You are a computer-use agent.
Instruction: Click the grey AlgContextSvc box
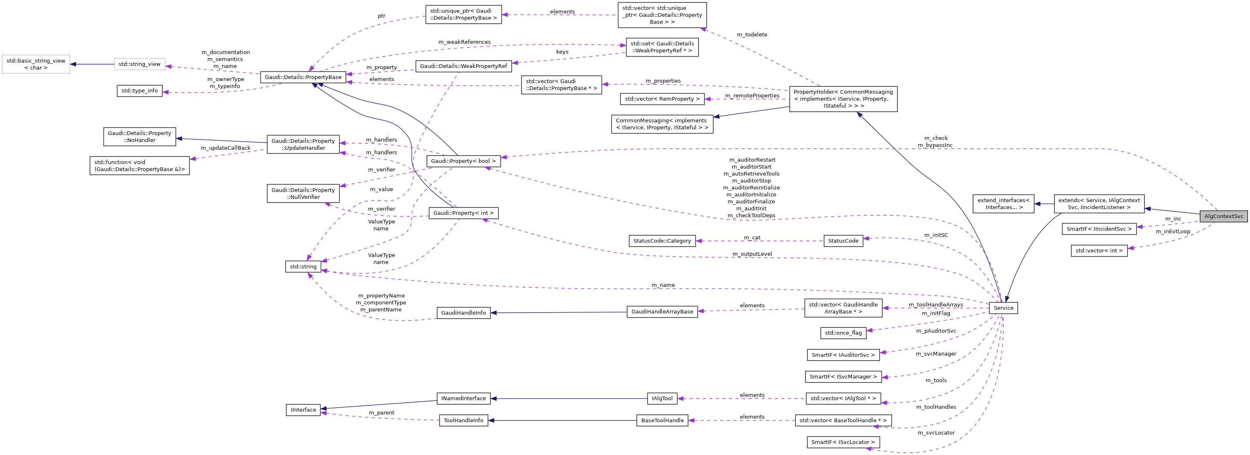[x=1223, y=216]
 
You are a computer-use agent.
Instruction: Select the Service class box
[x=1003, y=308]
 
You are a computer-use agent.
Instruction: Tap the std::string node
[x=303, y=267]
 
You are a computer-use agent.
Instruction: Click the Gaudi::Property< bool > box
[x=463, y=161]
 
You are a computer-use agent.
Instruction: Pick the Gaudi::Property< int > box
[x=463, y=213]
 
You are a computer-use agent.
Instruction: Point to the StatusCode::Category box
[x=662, y=241]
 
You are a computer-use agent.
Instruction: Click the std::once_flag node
[x=843, y=333]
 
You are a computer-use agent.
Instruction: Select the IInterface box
[x=303, y=410]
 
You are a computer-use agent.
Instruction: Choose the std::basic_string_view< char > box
[x=36, y=64]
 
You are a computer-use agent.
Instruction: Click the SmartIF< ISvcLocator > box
[x=843, y=442]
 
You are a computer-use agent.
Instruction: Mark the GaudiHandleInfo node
[x=463, y=313]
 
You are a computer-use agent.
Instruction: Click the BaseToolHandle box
[x=662, y=421]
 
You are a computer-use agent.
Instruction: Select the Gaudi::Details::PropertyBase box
[x=303, y=77]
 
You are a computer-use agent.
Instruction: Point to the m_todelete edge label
[x=752, y=34]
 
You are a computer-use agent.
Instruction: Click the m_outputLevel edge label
[x=752, y=254]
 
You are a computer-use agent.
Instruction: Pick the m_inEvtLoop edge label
[x=1172, y=232]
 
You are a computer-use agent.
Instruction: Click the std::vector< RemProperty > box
[x=662, y=99]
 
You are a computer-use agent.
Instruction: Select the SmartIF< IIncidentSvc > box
[x=1099, y=229]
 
